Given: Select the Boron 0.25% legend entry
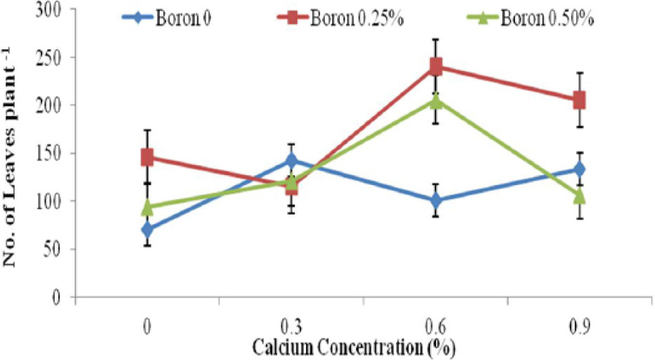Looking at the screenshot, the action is click(x=341, y=19).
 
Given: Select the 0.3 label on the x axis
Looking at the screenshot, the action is click(x=291, y=327).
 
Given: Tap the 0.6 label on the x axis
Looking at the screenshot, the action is click(x=435, y=327).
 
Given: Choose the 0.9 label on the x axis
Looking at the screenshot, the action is click(x=580, y=327).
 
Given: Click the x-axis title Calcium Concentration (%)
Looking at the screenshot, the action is click(x=353, y=347).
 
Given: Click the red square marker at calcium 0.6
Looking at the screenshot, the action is click(x=435, y=66).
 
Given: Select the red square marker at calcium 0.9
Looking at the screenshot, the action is click(x=580, y=101).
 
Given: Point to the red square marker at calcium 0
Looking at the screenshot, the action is click(x=147, y=157).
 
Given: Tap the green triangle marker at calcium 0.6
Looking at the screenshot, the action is click(x=435, y=101).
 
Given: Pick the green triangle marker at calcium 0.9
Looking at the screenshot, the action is click(x=580, y=195).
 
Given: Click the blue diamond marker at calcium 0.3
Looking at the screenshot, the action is click(x=291, y=160).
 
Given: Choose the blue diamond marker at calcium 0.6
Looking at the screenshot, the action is click(x=435, y=200).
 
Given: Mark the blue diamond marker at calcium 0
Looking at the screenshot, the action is click(x=147, y=229).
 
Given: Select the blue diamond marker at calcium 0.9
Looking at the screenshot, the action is click(x=580, y=169).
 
